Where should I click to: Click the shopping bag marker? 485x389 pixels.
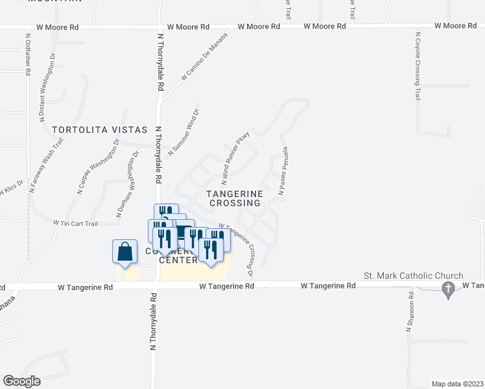pyautogui.click(x=124, y=252)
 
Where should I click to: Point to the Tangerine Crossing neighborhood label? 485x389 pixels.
pyautogui.click(x=235, y=198)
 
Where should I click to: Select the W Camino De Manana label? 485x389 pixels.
pyautogui.click(x=206, y=64)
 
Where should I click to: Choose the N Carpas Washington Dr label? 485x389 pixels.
pyautogui.click(x=99, y=166)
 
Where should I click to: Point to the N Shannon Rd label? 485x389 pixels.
pyautogui.click(x=410, y=311)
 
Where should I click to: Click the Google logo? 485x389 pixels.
pyautogui.click(x=21, y=381)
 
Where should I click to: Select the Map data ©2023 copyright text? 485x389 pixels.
pyautogui.click(x=457, y=383)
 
